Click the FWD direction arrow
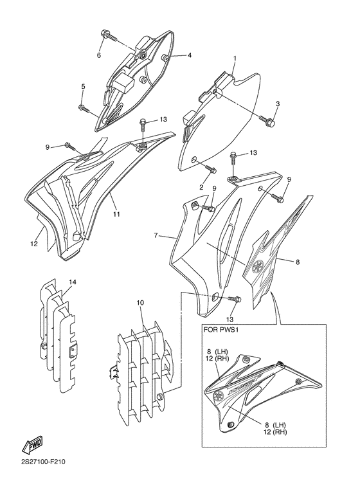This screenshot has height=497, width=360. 32,445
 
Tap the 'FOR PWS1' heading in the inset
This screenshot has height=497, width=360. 221,330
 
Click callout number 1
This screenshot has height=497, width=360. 235,59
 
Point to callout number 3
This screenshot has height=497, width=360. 278,104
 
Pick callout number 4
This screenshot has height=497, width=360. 190,55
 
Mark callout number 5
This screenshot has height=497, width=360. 84,86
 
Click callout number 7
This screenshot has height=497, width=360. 156,235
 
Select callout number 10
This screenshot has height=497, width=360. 140,303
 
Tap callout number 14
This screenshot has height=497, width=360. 73,282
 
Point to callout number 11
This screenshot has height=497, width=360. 116,215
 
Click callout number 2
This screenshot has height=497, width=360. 201,187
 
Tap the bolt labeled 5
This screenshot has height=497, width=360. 84,109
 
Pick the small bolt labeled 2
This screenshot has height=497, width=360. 212,169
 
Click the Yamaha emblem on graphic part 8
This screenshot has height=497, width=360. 258,266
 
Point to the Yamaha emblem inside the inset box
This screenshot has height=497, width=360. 218,396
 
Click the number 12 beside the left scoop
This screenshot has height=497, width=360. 34,244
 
